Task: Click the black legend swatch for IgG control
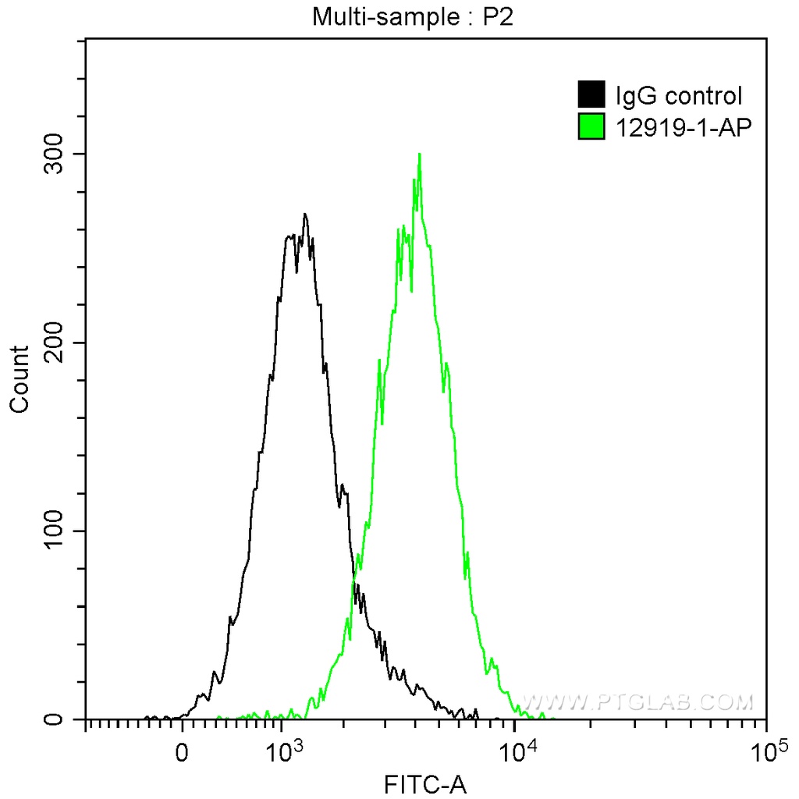[x=591, y=95]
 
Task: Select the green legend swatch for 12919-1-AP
[x=591, y=126]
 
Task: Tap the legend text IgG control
[x=678, y=96]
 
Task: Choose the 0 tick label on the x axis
[x=183, y=754]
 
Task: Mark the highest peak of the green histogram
[x=420, y=154]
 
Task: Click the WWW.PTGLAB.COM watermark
[x=638, y=702]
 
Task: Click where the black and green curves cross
[x=354, y=577]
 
